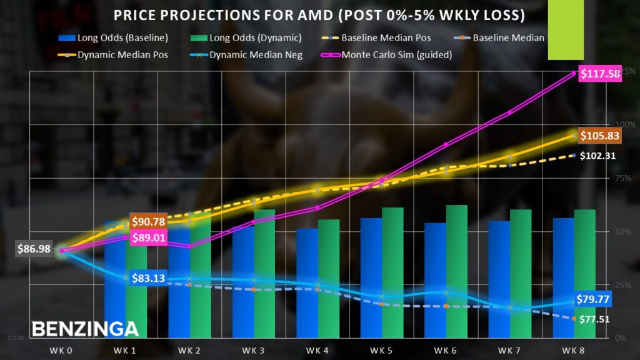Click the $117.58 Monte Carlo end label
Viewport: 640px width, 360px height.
pyautogui.click(x=600, y=74)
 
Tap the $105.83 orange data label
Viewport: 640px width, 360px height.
pyautogui.click(x=599, y=135)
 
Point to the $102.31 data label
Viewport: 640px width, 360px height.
pyautogui.click(x=597, y=156)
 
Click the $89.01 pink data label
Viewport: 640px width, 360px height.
pyautogui.click(x=148, y=237)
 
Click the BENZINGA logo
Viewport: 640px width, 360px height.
pyautogui.click(x=85, y=329)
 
